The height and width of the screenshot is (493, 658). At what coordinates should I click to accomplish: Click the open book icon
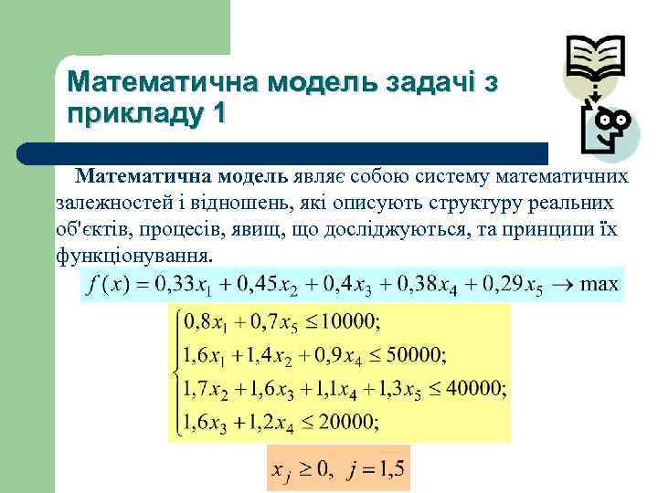pyautogui.click(x=595, y=58)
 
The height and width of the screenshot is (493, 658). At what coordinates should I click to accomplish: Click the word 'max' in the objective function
pyautogui.click(x=600, y=283)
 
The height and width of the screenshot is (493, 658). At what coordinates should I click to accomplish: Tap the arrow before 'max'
pyautogui.click(x=565, y=284)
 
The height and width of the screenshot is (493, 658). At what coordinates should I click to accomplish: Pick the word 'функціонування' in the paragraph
pyautogui.click(x=133, y=256)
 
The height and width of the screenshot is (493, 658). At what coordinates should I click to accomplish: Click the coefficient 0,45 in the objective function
pyautogui.click(x=259, y=284)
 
